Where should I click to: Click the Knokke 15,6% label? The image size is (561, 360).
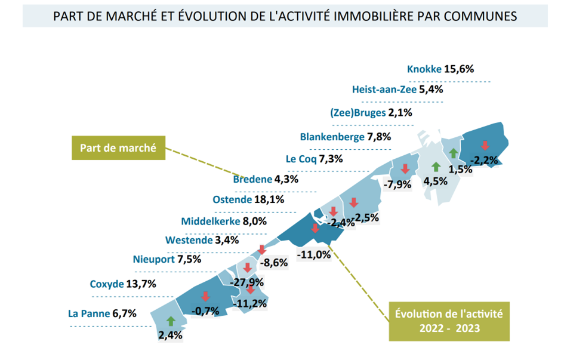(440, 69)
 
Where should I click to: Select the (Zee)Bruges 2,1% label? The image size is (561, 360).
(371, 112)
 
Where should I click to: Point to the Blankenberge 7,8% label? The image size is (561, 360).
(345, 137)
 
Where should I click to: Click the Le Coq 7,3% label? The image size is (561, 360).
(313, 159)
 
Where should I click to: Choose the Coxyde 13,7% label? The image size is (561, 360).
(122, 284)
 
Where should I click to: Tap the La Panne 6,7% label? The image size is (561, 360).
(103, 313)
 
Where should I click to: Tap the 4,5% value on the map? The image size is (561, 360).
(435, 180)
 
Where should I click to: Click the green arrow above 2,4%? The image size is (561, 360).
(171, 321)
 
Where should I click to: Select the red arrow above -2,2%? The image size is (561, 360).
(485, 146)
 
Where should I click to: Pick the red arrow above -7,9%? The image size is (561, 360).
(405, 169)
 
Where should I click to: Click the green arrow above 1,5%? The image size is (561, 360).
(454, 153)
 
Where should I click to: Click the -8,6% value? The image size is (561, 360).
(274, 262)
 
